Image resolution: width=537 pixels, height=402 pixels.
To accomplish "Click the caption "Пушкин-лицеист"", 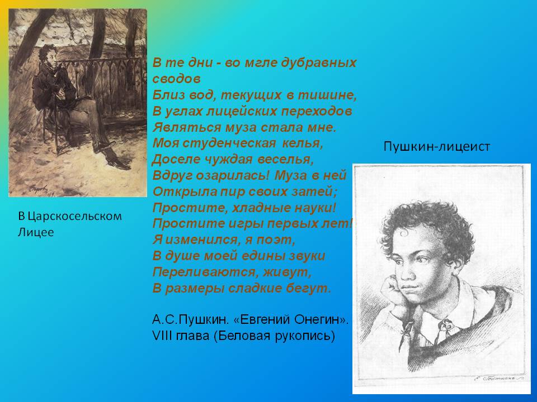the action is click(437, 146).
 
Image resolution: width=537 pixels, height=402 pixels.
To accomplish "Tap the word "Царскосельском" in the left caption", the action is click(74, 217).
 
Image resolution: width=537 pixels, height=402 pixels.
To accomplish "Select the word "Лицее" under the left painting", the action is click(36, 232).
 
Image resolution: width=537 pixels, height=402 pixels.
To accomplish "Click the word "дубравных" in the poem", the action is click(319, 63).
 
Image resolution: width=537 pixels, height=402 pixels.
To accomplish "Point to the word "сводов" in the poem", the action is click(176, 79).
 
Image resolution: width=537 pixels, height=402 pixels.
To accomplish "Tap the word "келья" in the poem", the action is click(303, 143).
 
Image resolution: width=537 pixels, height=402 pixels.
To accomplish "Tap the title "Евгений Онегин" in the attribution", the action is click(290, 319).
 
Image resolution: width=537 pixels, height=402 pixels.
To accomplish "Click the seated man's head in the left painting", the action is click(49, 57).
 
